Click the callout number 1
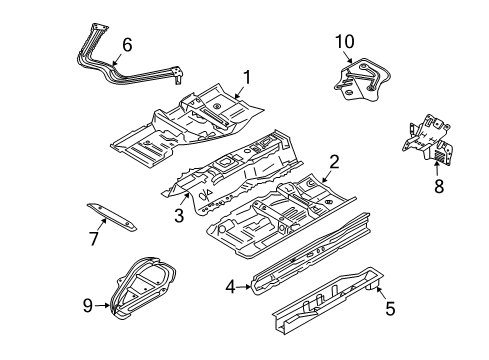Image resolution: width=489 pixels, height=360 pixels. (x=247, y=77)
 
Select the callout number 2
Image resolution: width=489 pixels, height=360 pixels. (x=334, y=162)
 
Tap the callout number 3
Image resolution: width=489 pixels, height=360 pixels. (x=179, y=215)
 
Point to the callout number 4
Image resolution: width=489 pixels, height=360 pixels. (x=230, y=287)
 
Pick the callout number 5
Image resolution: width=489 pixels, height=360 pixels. (x=390, y=308)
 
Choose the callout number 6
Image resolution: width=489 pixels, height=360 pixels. (x=127, y=45)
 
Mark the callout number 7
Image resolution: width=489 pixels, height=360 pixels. (x=94, y=239)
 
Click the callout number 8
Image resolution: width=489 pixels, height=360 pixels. (x=439, y=186)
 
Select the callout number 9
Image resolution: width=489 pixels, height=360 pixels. (x=88, y=305)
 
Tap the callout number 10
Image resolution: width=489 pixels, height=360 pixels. (x=345, y=42)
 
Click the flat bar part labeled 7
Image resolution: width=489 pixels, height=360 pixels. (x=112, y=217)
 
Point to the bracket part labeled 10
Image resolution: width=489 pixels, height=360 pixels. (x=362, y=79)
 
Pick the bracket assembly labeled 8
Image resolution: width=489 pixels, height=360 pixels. (x=428, y=139)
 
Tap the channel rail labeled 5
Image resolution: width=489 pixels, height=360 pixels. (x=328, y=300)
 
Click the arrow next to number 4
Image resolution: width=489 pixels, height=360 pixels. (x=244, y=286)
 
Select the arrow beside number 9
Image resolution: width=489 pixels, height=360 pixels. (x=102, y=305)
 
